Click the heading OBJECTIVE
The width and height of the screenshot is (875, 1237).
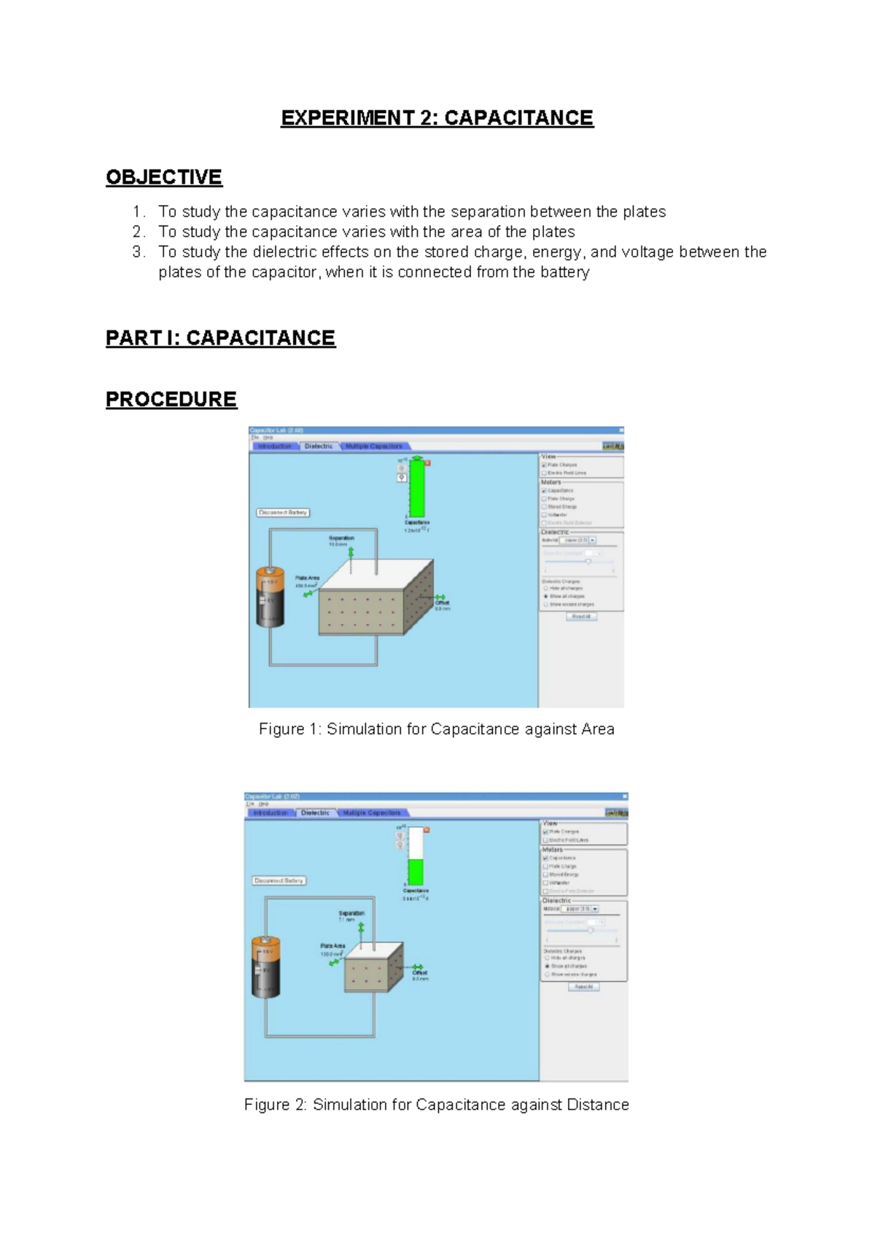pyautogui.click(x=163, y=177)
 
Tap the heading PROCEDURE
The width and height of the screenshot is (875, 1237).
pyautogui.click(x=171, y=399)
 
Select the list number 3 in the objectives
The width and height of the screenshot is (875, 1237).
pyautogui.click(x=138, y=252)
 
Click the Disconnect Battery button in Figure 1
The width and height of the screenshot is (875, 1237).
pyautogui.click(x=283, y=513)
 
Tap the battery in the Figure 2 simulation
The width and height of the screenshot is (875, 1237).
pyautogui.click(x=265, y=967)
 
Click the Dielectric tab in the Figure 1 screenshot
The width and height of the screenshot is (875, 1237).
pyautogui.click(x=319, y=446)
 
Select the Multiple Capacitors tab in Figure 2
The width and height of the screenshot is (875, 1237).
pyautogui.click(x=372, y=813)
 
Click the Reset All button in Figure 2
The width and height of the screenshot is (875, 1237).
pyautogui.click(x=583, y=987)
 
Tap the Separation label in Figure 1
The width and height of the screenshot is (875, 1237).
pyautogui.click(x=341, y=538)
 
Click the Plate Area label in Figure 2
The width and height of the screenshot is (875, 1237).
pyautogui.click(x=332, y=946)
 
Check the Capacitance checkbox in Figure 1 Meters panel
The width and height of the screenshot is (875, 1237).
pyautogui.click(x=544, y=491)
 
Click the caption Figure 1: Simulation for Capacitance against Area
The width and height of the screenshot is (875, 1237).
pyautogui.click(x=436, y=729)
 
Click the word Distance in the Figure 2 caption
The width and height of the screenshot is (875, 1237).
pyautogui.click(x=597, y=1105)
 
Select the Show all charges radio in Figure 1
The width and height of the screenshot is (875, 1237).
pyautogui.click(x=545, y=596)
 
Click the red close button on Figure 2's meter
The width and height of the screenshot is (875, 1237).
pyautogui.click(x=427, y=830)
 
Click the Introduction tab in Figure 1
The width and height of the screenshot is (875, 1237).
pyautogui.click(x=274, y=446)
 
